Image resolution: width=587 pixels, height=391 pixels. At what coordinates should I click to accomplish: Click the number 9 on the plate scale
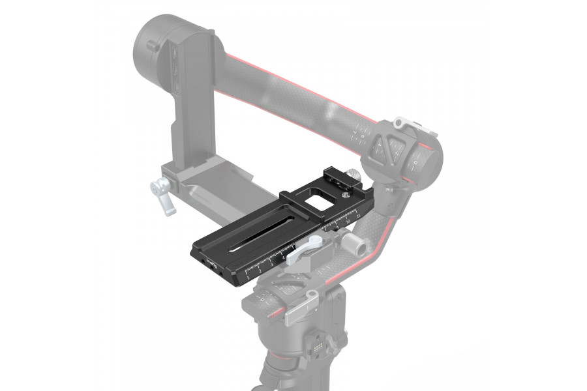(338, 225)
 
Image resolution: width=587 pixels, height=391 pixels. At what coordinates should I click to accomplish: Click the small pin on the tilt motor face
(152, 46)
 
